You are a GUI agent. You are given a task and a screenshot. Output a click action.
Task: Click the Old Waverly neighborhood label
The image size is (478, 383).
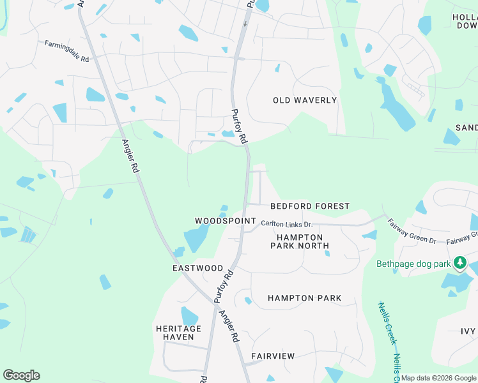click(x=304, y=100)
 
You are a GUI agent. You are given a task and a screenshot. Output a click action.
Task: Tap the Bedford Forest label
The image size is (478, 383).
click(x=310, y=206)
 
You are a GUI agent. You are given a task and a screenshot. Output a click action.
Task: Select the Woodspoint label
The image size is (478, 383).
click(x=220, y=220)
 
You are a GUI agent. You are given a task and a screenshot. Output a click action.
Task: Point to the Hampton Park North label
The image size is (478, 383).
click(x=299, y=241)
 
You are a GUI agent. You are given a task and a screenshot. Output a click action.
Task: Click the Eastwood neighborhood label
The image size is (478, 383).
click(x=198, y=268)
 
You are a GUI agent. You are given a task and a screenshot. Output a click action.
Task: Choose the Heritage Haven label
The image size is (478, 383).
click(x=179, y=333)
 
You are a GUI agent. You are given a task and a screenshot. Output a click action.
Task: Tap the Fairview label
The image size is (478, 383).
click(x=273, y=356)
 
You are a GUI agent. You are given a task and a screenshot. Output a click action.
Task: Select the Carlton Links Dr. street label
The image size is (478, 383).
click(x=286, y=223)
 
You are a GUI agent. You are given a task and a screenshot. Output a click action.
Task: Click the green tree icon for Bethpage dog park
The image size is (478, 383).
click(x=459, y=263)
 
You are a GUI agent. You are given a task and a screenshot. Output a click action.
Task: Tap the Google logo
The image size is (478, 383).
click(x=21, y=375)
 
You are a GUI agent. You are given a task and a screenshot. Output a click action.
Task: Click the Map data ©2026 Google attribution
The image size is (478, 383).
click(x=438, y=378)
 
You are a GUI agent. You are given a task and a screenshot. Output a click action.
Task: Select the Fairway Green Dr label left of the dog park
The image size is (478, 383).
click(x=413, y=241)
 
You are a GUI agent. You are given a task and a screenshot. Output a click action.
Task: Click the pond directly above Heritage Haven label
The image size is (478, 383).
click(x=189, y=316)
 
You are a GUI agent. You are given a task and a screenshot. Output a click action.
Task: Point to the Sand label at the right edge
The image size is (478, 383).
click(x=466, y=128)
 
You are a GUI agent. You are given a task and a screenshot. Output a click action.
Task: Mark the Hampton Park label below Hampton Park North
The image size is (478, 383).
click(x=304, y=298)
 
